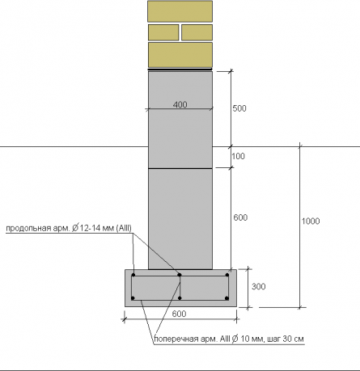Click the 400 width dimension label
(x=180, y=104)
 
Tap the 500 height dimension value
(x=239, y=108)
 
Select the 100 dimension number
(x=239, y=156)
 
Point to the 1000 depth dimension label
(x=311, y=221)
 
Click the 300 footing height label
(x=259, y=286)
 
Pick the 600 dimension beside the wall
(x=240, y=217)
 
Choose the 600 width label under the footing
(x=179, y=314)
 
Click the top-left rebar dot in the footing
(x=133, y=275)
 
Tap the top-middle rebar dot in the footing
(x=180, y=275)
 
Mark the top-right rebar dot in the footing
(x=227, y=275)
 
